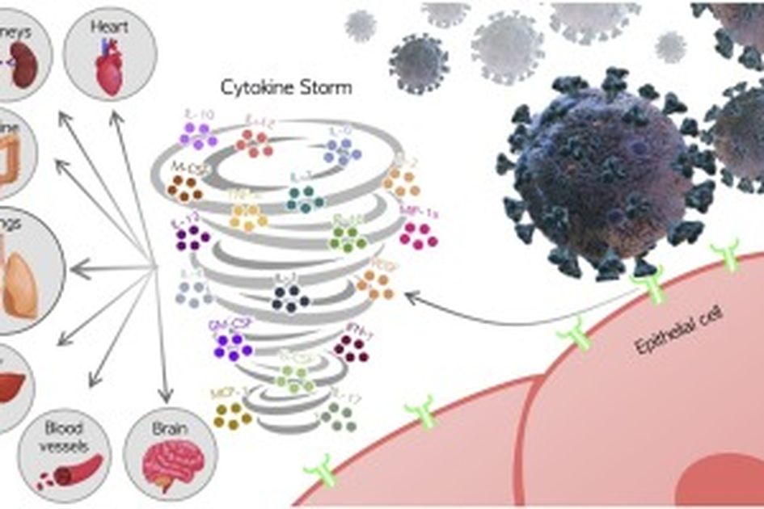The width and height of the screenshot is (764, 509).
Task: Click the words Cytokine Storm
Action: point(286,87)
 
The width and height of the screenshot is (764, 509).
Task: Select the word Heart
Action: point(111,27)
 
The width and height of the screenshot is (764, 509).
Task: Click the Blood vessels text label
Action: point(65,436)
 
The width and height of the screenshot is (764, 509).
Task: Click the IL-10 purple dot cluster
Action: point(198,136)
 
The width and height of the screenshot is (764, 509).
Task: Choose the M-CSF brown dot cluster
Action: point(184,189)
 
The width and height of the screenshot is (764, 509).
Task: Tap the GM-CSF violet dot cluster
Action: point(233,345)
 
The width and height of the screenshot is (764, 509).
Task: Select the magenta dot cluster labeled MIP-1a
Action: point(419,233)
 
